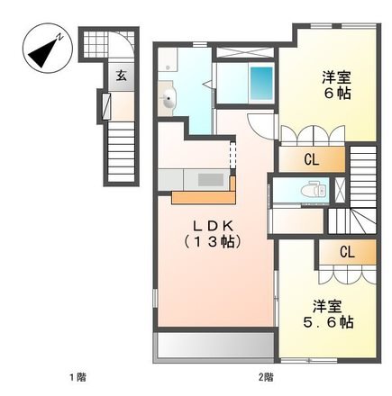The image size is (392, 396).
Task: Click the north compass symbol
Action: pyautogui.click(x=48, y=49)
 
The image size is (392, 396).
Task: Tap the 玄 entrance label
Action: pyautogui.click(x=122, y=76)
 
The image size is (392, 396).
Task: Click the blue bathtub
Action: pyautogui.click(x=261, y=84)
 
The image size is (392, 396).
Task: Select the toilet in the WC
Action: pyautogui.click(x=314, y=190)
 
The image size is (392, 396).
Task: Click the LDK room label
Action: pyautogui.click(x=213, y=226)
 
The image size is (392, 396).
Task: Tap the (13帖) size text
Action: pyautogui.click(x=213, y=241)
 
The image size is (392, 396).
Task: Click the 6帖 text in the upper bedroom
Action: pyautogui.click(x=337, y=94)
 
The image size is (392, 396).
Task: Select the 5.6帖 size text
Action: pyautogui.click(x=328, y=322)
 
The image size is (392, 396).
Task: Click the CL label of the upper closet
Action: pyautogui.click(x=312, y=159)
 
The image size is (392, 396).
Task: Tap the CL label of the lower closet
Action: pyautogui.click(x=347, y=252)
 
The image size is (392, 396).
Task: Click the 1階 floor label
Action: pyautogui.click(x=78, y=377)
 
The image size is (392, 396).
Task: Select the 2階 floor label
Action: pyautogui.click(x=266, y=377)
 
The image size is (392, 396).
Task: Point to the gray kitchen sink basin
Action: pyautogui.click(x=211, y=180)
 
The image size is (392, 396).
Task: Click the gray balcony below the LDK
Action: pyautogui.click(x=215, y=345)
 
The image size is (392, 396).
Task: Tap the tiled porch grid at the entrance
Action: pyautogui.click(x=95, y=44)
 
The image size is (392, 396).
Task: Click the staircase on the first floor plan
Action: pyautogui.click(x=121, y=152)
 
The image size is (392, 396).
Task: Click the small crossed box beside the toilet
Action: pyautogui.click(x=340, y=190)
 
